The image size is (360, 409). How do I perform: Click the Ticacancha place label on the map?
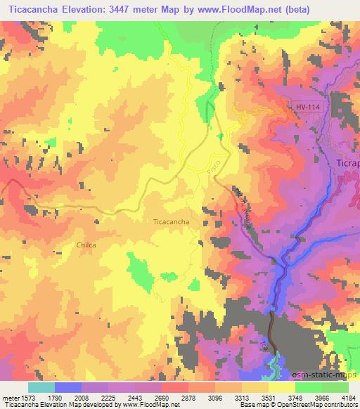point(170,221)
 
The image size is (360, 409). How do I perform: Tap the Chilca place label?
point(84,245)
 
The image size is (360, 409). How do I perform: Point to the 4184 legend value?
point(347,398)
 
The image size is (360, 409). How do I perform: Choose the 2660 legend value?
point(161,398)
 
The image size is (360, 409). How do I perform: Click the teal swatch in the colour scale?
point(41,387)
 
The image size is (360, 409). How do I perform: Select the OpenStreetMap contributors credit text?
point(317,405)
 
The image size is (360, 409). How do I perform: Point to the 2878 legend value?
point(187,398)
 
